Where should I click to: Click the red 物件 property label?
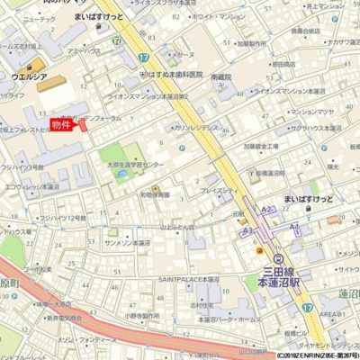point(61,124)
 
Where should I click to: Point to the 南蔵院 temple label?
point(221,77)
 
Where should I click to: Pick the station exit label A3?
point(246,230)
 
